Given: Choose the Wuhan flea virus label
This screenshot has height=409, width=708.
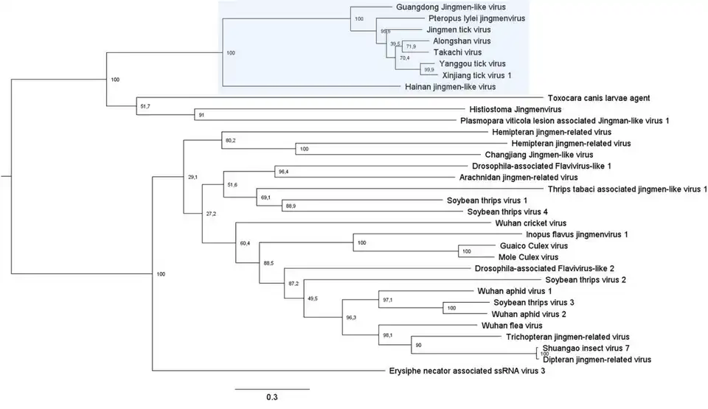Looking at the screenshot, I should coord(512,325).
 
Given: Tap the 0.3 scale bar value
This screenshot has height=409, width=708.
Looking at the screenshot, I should coord(272,397).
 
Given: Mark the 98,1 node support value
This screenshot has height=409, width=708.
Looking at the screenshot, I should coord(388,334).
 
